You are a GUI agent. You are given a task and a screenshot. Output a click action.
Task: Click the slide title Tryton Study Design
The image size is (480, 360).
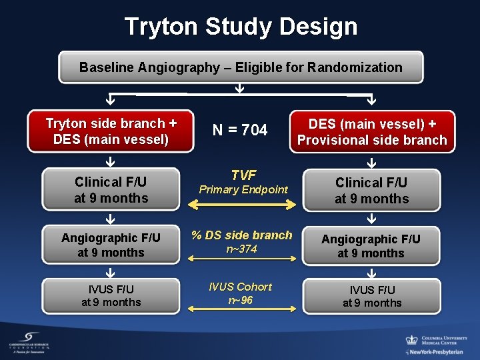tap(241, 27)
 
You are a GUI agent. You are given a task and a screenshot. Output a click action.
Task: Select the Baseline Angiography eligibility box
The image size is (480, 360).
tap(241, 67)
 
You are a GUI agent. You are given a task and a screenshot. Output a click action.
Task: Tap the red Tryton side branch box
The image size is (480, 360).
tap(111, 131)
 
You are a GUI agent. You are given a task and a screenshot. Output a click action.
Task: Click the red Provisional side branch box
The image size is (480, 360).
tap(371, 131)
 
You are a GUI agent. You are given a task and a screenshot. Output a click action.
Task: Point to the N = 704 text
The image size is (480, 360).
tap(240, 131)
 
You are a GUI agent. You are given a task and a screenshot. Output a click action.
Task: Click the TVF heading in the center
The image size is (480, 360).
tap(243, 175)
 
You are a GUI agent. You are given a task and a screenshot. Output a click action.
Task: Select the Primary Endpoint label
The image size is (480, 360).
tap(243, 190)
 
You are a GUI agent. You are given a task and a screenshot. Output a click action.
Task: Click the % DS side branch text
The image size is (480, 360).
tap(241, 235)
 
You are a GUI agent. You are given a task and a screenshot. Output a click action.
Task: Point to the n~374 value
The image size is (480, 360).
tap(241, 249)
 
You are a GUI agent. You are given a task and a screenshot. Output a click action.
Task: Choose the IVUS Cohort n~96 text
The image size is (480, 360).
tap(240, 293)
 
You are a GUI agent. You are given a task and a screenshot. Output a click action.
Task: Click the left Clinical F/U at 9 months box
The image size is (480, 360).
tap(111, 189)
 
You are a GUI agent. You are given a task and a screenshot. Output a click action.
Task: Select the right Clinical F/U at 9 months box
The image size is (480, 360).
tap(371, 190)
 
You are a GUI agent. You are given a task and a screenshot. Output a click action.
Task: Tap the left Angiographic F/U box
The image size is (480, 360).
tap(111, 245)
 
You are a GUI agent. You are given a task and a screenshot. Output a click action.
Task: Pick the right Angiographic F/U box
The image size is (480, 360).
tap(371, 245)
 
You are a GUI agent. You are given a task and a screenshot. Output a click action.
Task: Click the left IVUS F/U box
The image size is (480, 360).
tap(111, 295)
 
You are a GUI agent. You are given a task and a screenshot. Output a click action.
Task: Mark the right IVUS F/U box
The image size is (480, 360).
tap(371, 296)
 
